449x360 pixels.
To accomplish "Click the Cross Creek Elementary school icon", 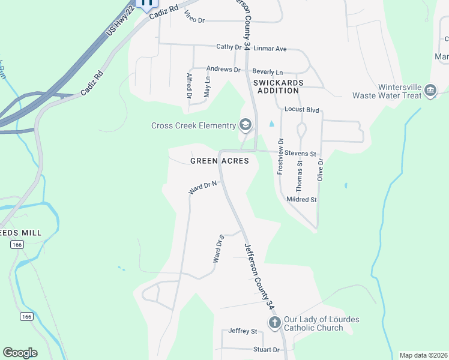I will point(245,125).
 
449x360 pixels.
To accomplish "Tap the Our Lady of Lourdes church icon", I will point(274,323).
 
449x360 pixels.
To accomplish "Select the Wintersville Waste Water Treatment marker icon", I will point(430,91).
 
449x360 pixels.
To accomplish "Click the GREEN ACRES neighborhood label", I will point(220,161).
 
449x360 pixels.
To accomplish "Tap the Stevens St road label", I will point(300,154).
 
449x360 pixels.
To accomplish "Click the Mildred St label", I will point(301,199).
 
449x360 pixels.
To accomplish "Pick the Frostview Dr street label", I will point(280,156).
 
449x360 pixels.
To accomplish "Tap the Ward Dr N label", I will point(202,188).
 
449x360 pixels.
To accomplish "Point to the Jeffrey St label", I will point(243,331).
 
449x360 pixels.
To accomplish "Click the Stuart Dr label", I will point(267,350).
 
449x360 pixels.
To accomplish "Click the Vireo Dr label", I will point(195,20).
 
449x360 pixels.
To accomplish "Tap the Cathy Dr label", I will point(228,47).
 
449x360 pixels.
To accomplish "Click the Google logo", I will point(20,353).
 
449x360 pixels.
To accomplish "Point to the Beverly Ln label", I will point(267,71).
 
